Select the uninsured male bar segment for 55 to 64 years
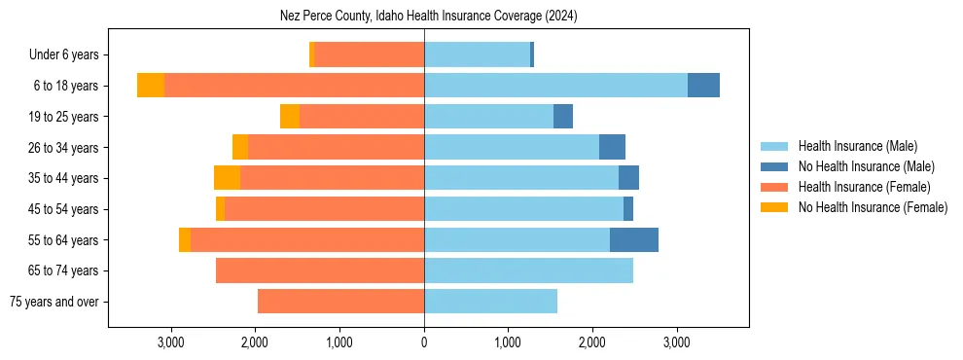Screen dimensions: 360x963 click(634, 239)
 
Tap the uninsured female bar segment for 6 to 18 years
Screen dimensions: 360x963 click(151, 86)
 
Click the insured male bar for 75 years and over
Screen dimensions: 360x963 click(490, 302)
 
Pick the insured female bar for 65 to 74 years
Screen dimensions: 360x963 click(320, 270)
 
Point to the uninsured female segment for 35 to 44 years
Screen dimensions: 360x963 click(227, 178)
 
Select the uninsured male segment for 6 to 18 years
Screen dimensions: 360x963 click(703, 86)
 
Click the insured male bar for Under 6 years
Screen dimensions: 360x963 click(477, 54)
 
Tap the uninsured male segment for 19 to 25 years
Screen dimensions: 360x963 click(563, 117)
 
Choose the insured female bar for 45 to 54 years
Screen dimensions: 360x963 click(324, 209)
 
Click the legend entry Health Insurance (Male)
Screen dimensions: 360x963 click(857, 146)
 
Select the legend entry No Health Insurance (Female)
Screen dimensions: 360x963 click(873, 207)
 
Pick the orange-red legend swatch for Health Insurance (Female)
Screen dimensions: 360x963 click(774, 187)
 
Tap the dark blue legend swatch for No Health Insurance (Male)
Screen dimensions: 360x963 click(774, 166)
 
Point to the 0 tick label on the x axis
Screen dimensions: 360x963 click(424, 342)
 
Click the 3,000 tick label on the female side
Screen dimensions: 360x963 click(170, 342)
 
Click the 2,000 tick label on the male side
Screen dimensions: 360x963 click(592, 342)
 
